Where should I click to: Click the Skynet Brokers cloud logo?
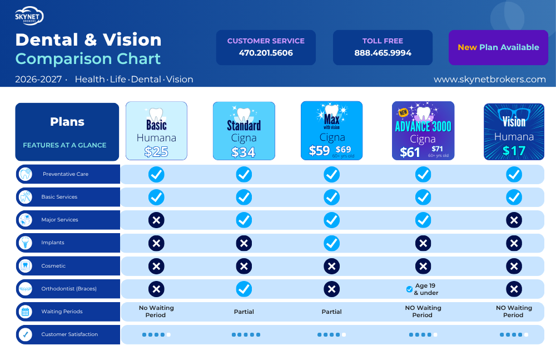(29, 16)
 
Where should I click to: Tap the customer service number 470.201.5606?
(266, 53)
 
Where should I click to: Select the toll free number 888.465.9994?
(383, 53)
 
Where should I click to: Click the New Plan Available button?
(498, 47)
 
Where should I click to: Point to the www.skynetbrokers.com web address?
(490, 79)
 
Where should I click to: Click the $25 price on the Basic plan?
(156, 151)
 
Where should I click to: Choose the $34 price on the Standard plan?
(244, 152)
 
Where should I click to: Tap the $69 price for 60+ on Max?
(343, 150)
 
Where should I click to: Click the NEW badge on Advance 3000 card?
(403, 112)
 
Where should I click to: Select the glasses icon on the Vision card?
(514, 114)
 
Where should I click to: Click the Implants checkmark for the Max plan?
(331, 244)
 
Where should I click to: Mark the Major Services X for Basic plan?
(156, 220)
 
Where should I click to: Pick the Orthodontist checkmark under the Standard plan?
(244, 289)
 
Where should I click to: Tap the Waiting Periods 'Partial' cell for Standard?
(244, 312)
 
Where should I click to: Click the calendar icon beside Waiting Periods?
(25, 312)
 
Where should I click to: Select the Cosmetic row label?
(53, 266)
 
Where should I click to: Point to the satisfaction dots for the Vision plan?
(514, 335)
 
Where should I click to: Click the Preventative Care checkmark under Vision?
(514, 175)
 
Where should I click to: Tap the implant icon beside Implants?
(25, 243)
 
